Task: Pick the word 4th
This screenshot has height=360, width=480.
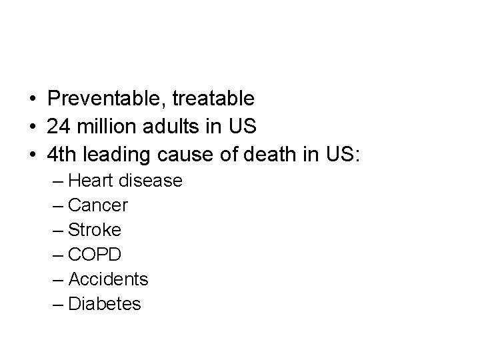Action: [62, 155]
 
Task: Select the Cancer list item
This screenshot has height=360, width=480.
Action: [98, 205]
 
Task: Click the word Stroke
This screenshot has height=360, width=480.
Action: [95, 230]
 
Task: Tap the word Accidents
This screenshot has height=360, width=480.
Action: [108, 279]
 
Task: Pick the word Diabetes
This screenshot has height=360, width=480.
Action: [105, 304]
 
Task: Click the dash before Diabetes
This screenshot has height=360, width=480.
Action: [57, 305]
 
